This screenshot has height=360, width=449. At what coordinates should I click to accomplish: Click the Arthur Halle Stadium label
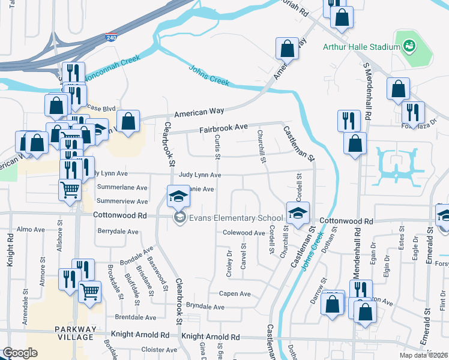(361, 47)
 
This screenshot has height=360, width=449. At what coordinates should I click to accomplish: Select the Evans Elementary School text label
(236, 218)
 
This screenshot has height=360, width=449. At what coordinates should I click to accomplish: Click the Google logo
(20, 353)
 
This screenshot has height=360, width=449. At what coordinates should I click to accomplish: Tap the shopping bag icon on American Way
(288, 48)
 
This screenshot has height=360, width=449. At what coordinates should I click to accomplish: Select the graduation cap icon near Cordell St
(297, 212)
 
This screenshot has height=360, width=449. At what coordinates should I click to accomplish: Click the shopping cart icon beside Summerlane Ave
(70, 190)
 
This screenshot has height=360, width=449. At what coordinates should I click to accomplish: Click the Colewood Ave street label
(243, 233)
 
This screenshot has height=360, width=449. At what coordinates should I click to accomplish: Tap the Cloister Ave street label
(158, 349)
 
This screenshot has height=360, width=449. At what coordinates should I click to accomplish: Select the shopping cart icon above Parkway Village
(89, 292)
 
